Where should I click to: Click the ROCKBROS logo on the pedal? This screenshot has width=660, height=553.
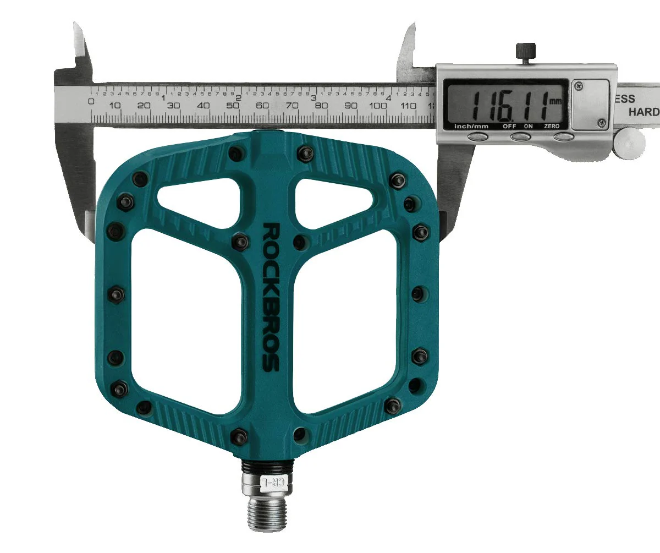[x=271, y=297]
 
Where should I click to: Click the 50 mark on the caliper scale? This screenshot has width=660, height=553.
[x=232, y=106]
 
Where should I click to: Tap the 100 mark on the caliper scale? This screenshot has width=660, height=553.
[x=378, y=106]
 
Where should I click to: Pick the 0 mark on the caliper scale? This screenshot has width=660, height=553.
[x=91, y=101]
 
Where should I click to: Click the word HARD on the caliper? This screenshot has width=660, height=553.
[x=643, y=112]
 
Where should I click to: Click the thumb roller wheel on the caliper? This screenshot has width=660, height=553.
[x=630, y=143]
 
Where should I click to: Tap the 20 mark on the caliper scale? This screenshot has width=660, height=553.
[x=144, y=106]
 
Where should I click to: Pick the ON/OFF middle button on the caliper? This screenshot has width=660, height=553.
[x=520, y=136]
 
